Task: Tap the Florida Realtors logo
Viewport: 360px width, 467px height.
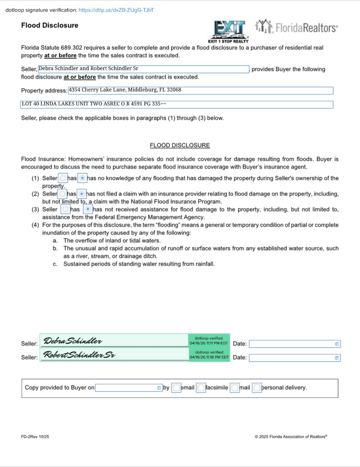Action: point(296,28)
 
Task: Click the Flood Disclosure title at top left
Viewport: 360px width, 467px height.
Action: point(49,25)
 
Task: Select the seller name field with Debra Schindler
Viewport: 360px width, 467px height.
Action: point(143,69)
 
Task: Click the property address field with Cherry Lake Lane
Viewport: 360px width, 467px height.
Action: point(200,90)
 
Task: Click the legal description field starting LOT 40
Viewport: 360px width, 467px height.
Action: point(176,104)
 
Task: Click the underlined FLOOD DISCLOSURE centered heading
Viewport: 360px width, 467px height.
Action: point(180,145)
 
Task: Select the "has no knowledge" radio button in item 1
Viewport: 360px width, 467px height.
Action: point(82,178)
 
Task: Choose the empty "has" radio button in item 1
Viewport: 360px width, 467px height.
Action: point(63,178)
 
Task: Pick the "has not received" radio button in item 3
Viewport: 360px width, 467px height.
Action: point(88,209)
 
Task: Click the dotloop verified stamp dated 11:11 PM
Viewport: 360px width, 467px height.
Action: point(209,341)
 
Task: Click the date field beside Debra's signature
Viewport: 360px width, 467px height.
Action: point(294,344)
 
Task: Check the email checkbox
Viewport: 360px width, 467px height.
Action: point(176,388)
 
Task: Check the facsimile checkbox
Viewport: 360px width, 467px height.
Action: point(201,388)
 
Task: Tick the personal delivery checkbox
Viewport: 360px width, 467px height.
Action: point(256,388)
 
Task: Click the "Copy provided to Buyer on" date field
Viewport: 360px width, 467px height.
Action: point(128,388)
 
